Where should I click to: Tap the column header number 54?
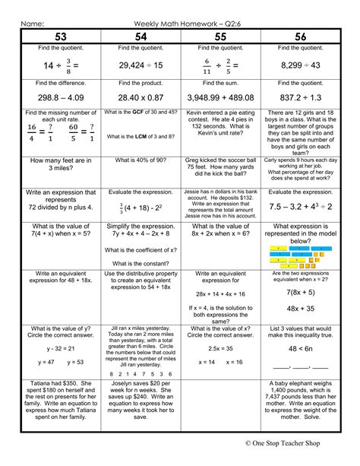(x=141, y=36)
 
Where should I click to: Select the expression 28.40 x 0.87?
(x=141, y=97)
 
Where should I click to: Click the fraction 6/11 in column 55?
(x=206, y=66)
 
